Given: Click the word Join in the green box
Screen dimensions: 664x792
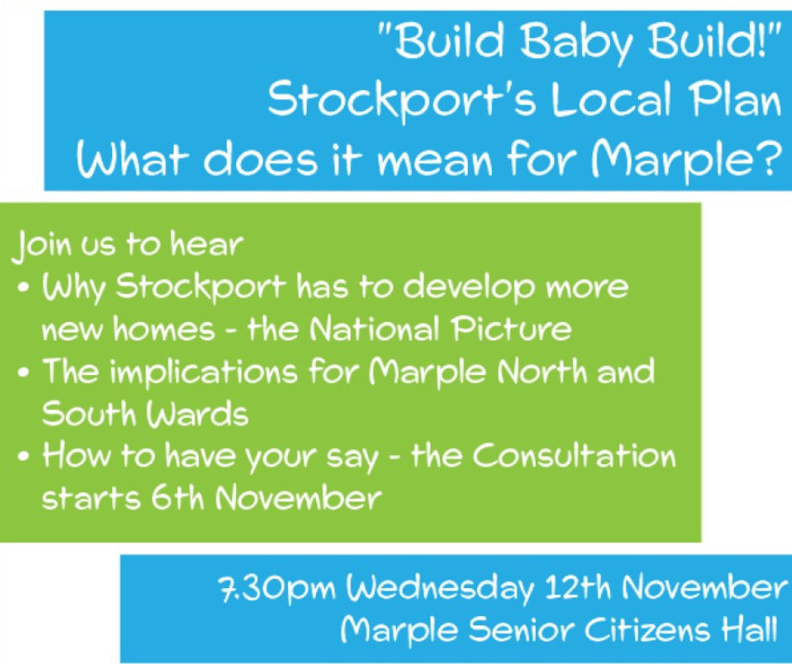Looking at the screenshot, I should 42,246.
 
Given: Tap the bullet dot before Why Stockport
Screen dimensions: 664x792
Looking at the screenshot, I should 24,289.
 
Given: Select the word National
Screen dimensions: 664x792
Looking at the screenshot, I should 376,328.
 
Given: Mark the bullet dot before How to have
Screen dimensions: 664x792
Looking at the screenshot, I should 24,458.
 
